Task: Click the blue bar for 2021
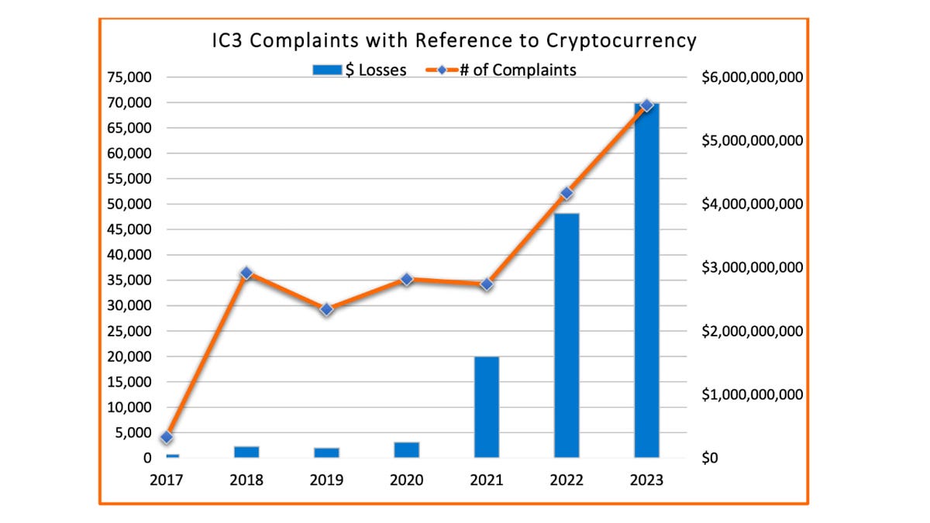click(x=487, y=407)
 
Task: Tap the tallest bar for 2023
click(x=646, y=279)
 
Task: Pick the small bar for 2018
click(x=246, y=452)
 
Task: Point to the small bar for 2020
click(x=406, y=449)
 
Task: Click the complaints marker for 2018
click(x=246, y=273)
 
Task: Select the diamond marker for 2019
click(x=326, y=309)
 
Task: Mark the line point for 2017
click(x=167, y=437)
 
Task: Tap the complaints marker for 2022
click(x=567, y=193)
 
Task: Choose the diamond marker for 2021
click(x=487, y=284)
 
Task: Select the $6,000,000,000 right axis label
click(x=752, y=77)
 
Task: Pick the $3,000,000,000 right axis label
click(x=752, y=267)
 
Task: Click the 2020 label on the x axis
click(x=406, y=480)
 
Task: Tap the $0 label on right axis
click(x=711, y=458)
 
